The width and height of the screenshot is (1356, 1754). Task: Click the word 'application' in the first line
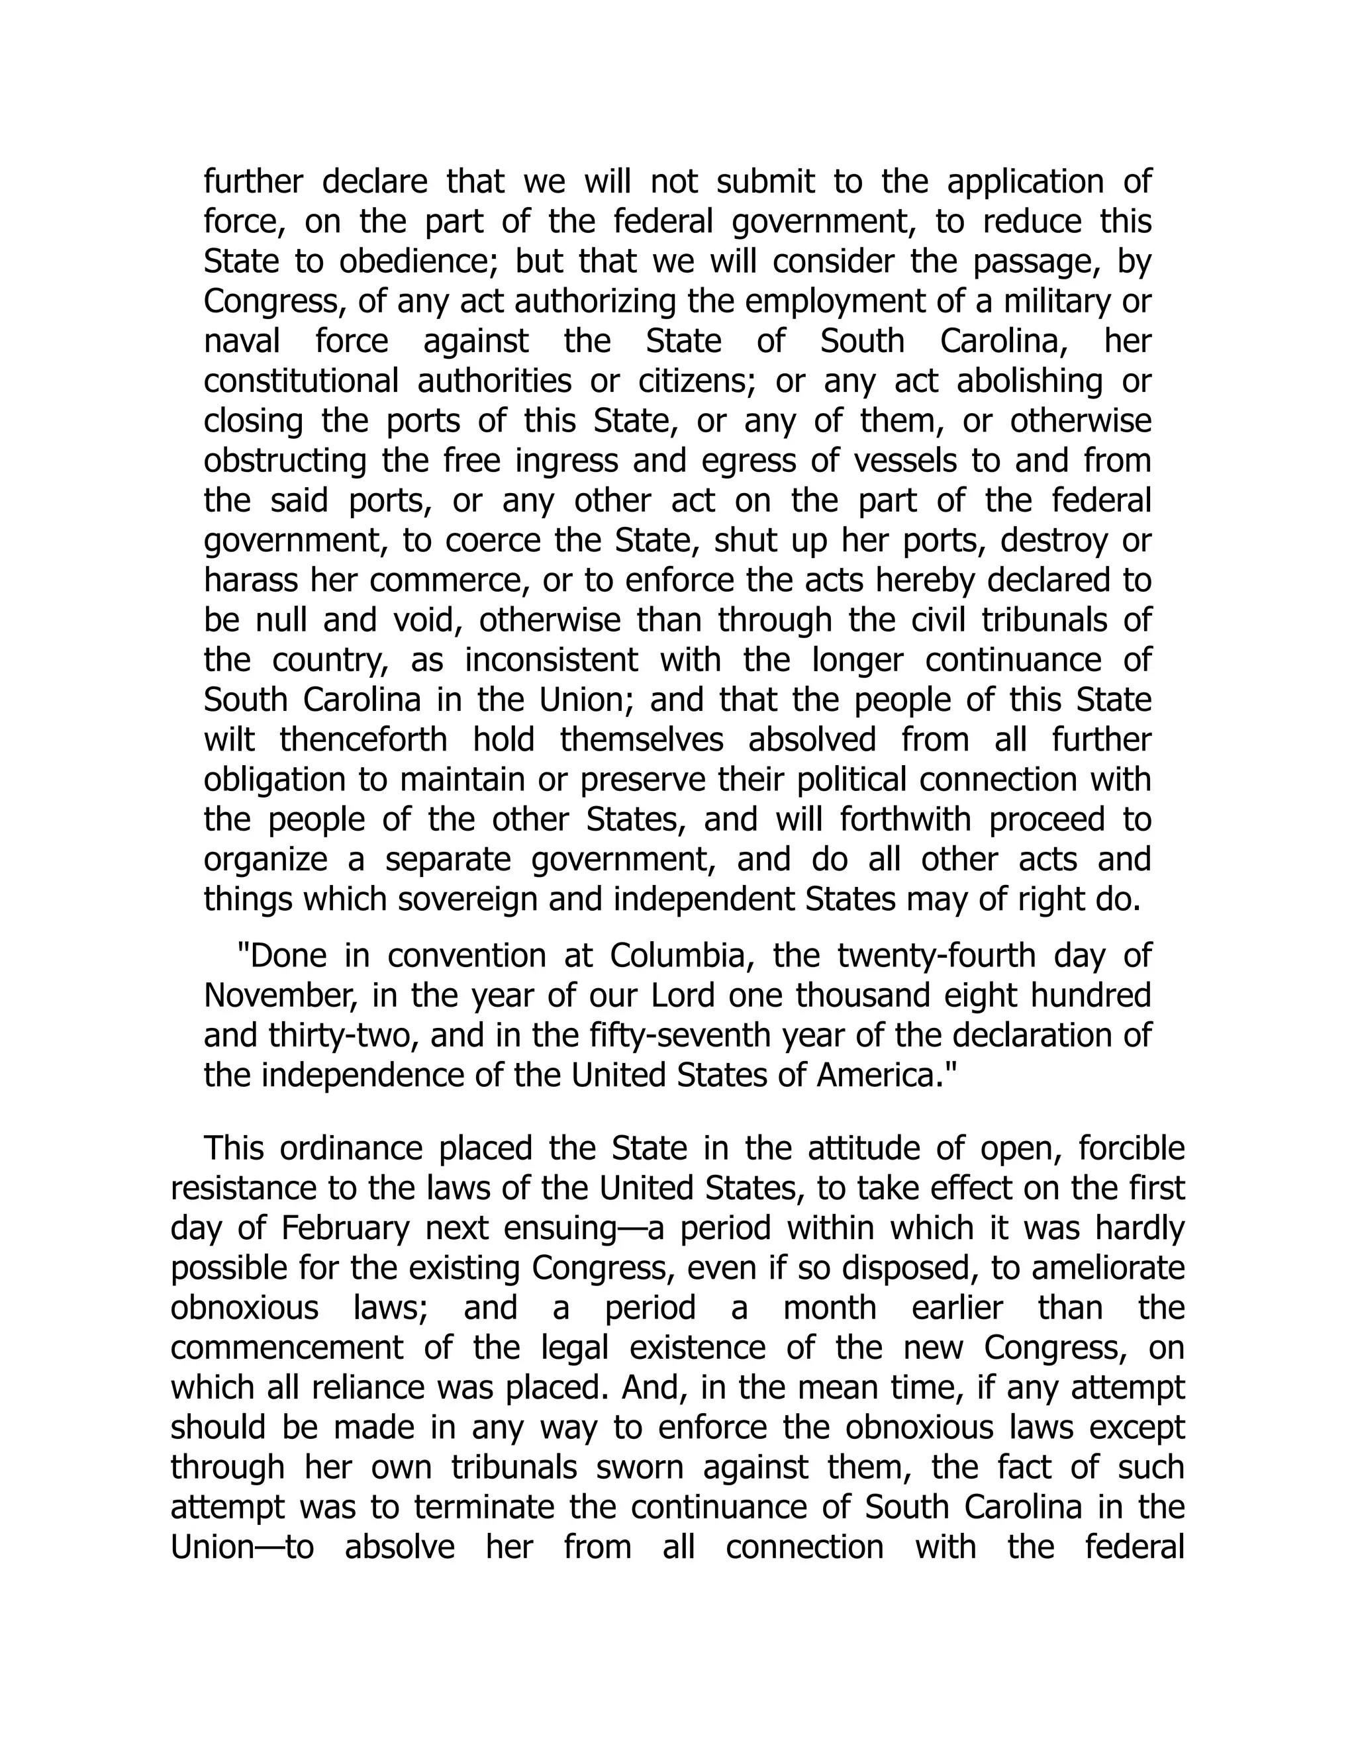1026,182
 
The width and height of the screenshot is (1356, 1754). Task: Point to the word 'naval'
242,342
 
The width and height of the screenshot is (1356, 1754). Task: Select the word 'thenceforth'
363,740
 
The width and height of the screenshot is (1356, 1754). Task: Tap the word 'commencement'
287,1348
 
